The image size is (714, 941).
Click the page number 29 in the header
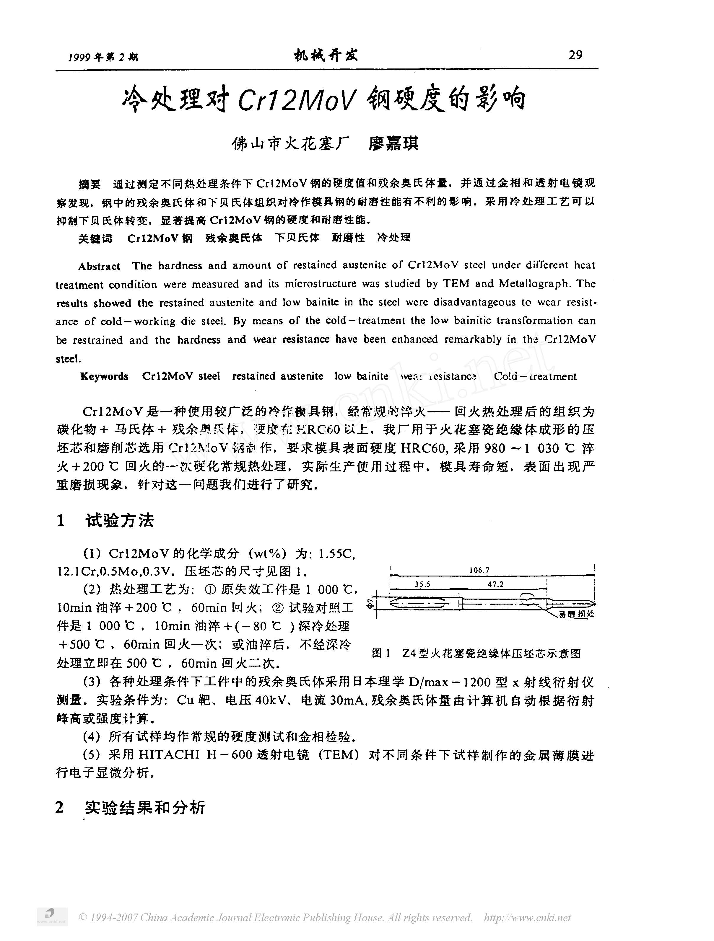click(575, 55)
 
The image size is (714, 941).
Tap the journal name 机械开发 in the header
click(326, 55)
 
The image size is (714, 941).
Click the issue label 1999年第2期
click(103, 57)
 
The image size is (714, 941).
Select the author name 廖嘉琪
click(394, 143)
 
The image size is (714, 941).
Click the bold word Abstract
click(99, 266)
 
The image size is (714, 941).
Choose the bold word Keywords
click(104, 376)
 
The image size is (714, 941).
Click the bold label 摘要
click(90, 184)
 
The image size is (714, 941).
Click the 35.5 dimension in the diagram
click(422, 584)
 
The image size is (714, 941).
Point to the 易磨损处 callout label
click(577, 614)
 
